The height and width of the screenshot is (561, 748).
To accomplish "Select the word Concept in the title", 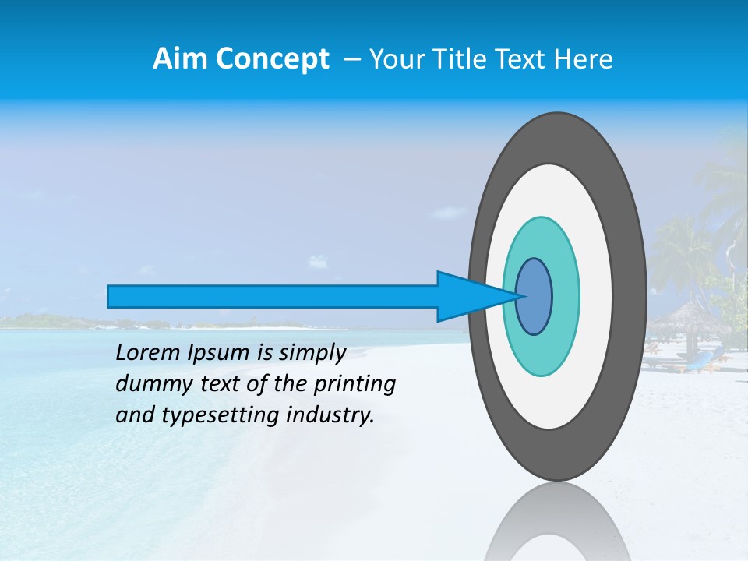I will pyautogui.click(x=272, y=59).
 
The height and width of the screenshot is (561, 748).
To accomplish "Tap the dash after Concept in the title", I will pyautogui.click(x=351, y=59).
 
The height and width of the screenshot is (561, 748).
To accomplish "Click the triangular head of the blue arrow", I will pyautogui.click(x=467, y=296).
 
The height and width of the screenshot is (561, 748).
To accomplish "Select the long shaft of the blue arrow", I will pyautogui.click(x=273, y=296).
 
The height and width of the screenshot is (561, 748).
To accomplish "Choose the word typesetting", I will pyautogui.click(x=210, y=415).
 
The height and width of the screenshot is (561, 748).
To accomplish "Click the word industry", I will pyautogui.click(x=330, y=415).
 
